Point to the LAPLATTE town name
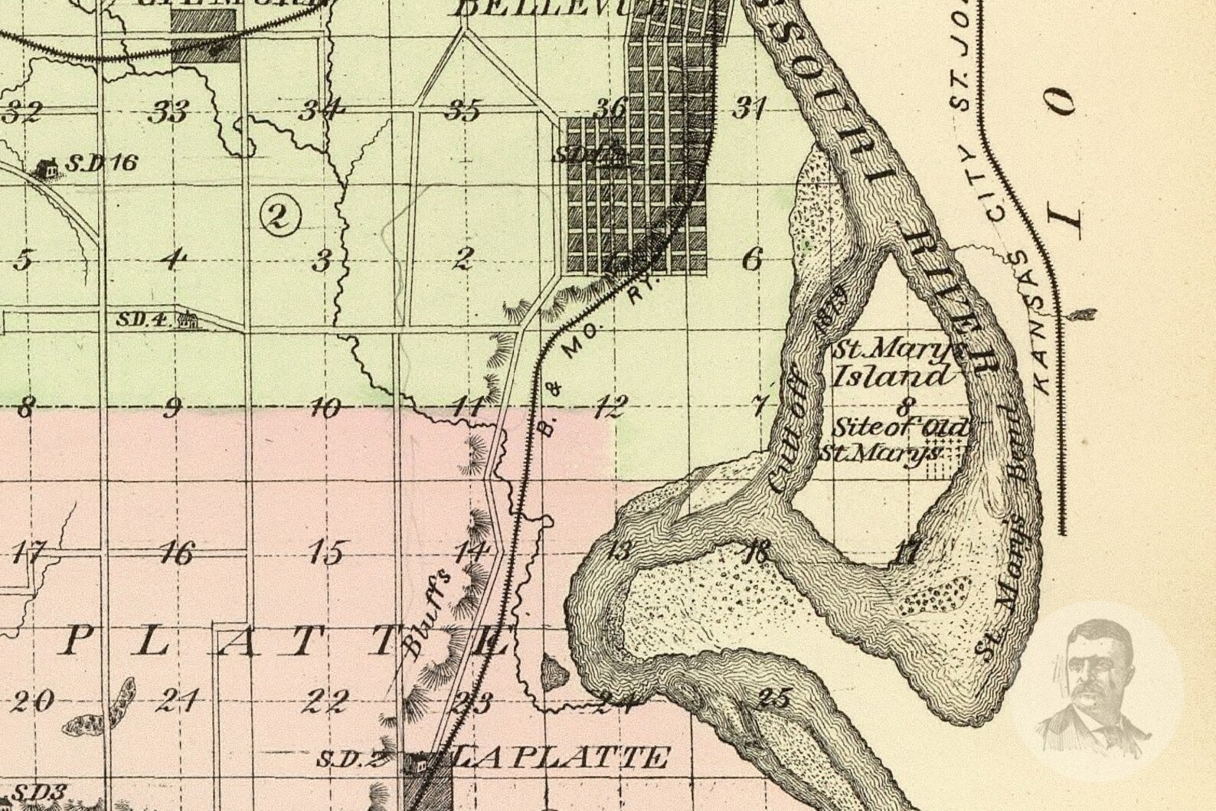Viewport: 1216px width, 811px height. pos(557,758)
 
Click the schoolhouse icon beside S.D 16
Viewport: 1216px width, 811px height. pos(47,167)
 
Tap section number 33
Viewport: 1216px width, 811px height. pos(168,113)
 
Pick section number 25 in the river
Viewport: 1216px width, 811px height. pos(773,698)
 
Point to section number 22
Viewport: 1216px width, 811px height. pos(329,700)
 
